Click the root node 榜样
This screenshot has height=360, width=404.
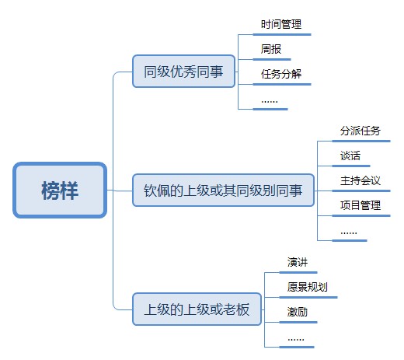(60, 190)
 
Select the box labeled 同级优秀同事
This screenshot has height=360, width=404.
(183, 72)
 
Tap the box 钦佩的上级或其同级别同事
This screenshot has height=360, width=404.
(223, 190)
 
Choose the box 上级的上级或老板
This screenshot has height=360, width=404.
(197, 309)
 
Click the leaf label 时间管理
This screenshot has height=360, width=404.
(281, 24)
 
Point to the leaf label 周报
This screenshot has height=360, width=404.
(271, 49)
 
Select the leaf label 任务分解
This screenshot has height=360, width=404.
(281, 74)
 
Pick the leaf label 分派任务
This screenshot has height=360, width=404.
(360, 131)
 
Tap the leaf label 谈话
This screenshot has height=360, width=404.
(350, 156)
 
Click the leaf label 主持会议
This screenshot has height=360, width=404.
(360, 180)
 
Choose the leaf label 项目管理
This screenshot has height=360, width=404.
(360, 205)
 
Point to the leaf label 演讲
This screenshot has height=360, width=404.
(298, 262)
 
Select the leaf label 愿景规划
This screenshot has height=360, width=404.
(307, 287)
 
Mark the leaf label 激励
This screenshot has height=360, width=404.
(298, 312)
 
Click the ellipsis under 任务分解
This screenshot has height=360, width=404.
(270, 101)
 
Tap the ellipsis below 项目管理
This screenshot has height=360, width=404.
(349, 232)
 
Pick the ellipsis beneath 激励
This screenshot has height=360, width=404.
(296, 339)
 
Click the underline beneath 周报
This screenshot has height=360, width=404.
(272, 59)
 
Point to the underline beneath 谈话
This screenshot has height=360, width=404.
(351, 166)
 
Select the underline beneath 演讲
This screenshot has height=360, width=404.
(298, 272)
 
